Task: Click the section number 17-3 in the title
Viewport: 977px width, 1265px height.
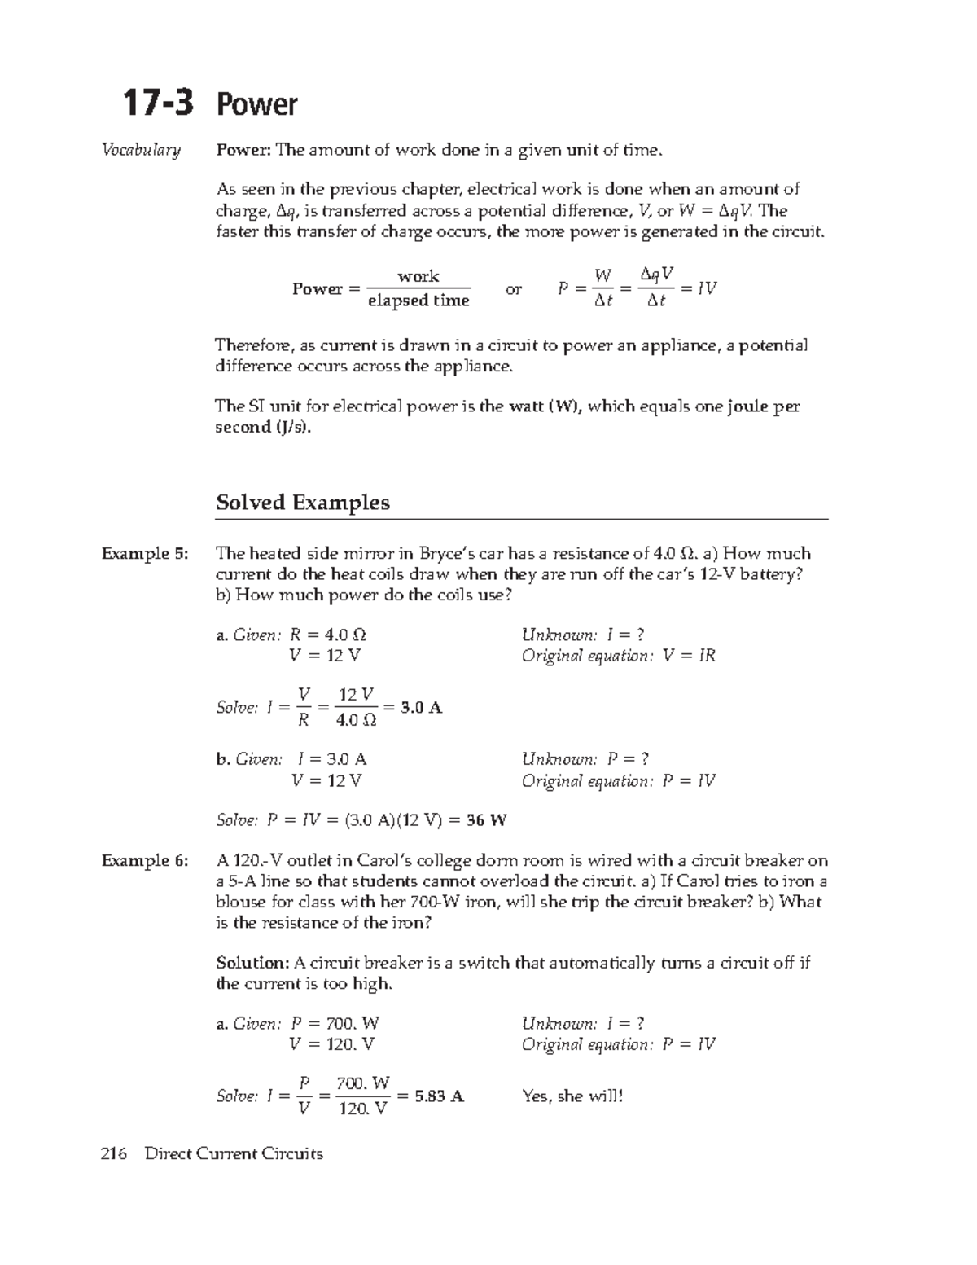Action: (158, 104)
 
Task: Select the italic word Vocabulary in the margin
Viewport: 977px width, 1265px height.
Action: (140, 150)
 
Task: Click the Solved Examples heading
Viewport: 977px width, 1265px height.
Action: (302, 503)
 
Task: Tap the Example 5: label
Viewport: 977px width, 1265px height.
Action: (144, 554)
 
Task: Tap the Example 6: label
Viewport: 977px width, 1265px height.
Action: (144, 861)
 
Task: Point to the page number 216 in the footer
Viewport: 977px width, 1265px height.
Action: (115, 1154)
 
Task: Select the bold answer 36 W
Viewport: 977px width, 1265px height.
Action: (486, 820)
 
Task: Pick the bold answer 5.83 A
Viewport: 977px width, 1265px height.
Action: (439, 1096)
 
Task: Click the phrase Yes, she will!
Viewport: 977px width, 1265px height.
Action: (572, 1096)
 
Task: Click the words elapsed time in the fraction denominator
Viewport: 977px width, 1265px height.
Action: (418, 301)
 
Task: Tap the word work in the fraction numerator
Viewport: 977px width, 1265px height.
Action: (418, 276)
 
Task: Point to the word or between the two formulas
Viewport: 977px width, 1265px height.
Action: (513, 289)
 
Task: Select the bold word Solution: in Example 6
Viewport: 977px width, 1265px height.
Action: (252, 963)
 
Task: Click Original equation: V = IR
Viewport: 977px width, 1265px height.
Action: (618, 657)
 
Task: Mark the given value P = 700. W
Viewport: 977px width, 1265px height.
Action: (335, 1024)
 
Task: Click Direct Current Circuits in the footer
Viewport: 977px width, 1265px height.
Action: (233, 1154)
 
